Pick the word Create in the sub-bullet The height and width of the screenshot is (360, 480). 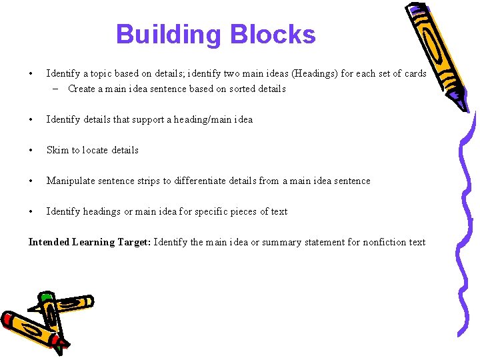82,89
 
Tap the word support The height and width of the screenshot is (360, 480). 147,119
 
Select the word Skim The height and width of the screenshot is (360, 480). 57,150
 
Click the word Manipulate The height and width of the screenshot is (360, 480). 70,181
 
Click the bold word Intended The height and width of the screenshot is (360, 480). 49,242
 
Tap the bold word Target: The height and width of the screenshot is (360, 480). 135,242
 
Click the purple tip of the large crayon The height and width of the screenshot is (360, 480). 461,100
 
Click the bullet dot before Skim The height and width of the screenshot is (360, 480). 31,150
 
